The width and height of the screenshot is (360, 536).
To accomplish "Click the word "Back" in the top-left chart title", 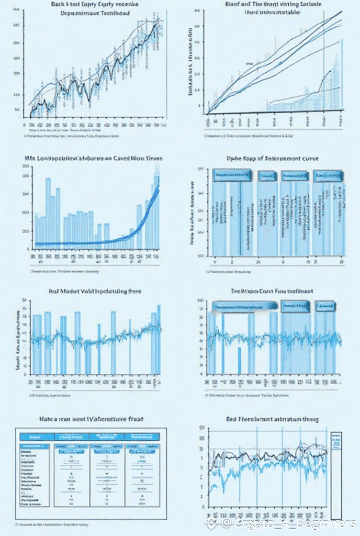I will click(59, 4).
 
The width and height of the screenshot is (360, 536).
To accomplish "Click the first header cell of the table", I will click(37, 436).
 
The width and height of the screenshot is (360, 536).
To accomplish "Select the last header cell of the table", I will click(141, 436).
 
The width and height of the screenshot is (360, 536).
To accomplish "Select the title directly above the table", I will click(92, 419).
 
